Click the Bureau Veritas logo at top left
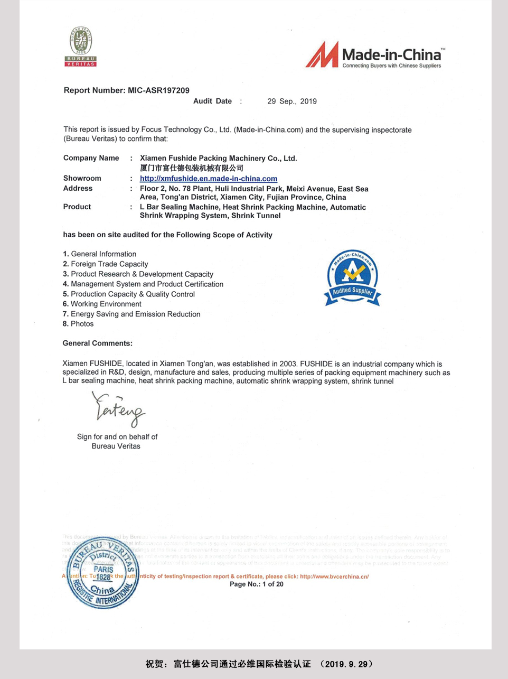[81, 46]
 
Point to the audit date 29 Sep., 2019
[291, 101]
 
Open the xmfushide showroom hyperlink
[208, 179]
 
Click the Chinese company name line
[191, 168]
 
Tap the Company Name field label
[91, 158]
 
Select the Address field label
[78, 188]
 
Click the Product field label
[77, 207]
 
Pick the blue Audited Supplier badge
[352, 278]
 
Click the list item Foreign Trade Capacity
[109, 264]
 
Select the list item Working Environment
[106, 304]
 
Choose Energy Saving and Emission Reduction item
[135, 314]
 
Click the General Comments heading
[97, 343]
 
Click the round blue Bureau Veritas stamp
[102, 574]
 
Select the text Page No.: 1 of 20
[256, 584]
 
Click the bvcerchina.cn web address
[334, 576]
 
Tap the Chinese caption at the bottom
[259, 664]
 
